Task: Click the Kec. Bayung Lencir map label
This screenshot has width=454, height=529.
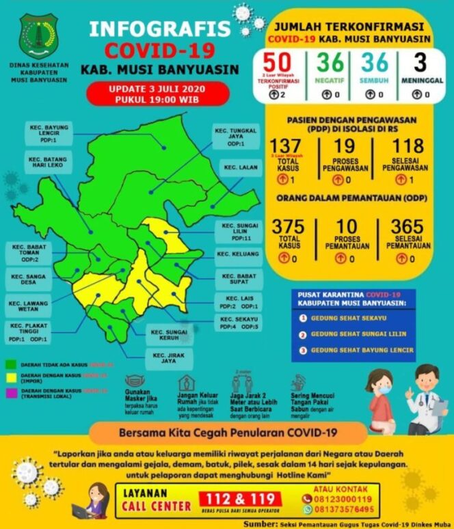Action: point(46,135)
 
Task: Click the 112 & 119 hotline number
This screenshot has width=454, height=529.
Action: point(239,500)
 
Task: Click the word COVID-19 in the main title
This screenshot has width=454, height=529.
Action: point(159,50)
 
